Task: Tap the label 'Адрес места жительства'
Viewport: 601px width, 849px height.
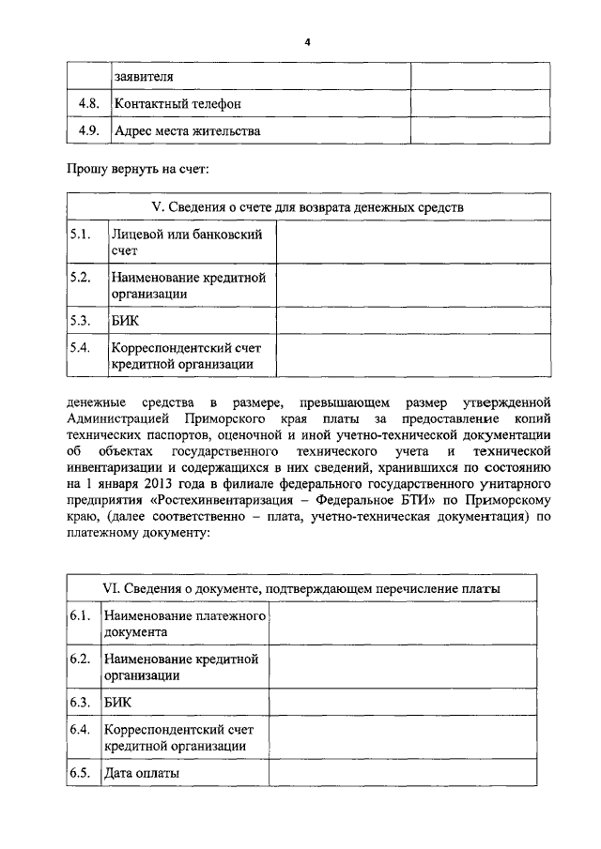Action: (187, 131)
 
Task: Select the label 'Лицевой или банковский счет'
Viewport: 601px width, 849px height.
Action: (185, 242)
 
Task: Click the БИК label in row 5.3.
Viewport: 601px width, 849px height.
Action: (125, 321)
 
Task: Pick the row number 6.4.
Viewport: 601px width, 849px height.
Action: (80, 729)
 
